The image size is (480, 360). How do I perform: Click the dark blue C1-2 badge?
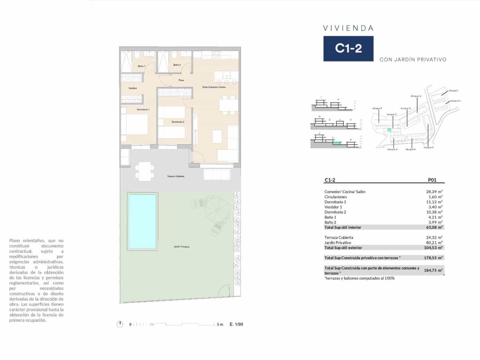coord(348,48)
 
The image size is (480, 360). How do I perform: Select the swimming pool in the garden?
coord(142,221)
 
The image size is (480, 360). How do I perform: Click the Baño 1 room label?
coord(141,66)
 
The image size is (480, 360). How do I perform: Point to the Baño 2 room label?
coord(177,65)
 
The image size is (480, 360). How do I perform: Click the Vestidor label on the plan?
coord(133,88)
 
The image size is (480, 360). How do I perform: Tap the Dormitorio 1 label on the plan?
coord(143,109)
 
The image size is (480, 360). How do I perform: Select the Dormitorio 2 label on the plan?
coord(178,122)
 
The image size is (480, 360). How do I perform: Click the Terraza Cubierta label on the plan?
coord(176,176)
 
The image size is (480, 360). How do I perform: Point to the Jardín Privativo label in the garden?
coord(181,247)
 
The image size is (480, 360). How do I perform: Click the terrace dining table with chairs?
coord(144,171)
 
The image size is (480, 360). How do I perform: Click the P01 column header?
coord(432,180)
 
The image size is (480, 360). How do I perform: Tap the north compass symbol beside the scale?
coord(120,324)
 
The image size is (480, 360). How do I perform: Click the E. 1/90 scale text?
coord(236,324)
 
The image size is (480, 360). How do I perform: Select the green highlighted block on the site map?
coord(389,129)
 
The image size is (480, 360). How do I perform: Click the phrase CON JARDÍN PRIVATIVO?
coord(413,59)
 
